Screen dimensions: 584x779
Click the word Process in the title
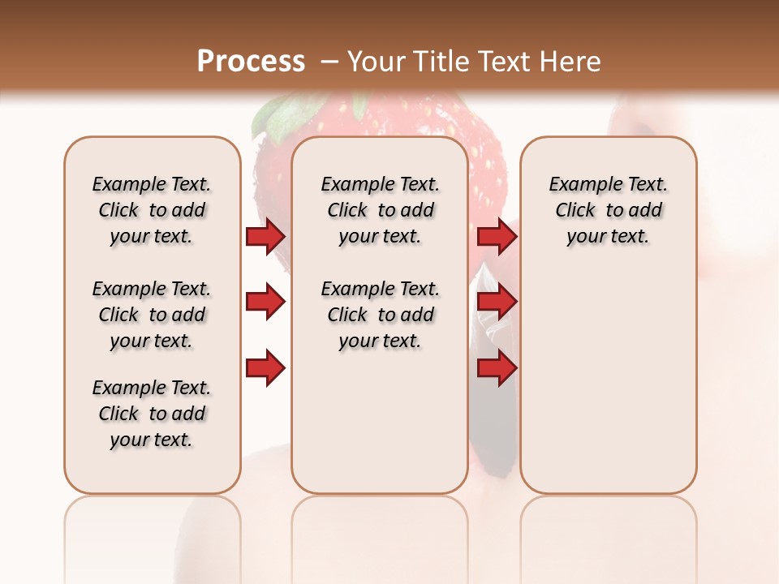click(x=251, y=62)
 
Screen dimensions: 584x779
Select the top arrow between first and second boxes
click(x=265, y=237)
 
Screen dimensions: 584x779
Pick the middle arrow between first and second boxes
click(x=265, y=303)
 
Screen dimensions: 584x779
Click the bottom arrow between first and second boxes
click(x=265, y=368)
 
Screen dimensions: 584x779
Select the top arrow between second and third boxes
click(x=497, y=237)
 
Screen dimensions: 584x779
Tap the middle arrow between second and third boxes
click(x=497, y=303)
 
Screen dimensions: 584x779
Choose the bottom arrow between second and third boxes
click(x=497, y=368)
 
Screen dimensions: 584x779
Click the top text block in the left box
click(x=152, y=210)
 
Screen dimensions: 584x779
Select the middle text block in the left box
click(x=152, y=315)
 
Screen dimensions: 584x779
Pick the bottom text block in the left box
click(x=152, y=414)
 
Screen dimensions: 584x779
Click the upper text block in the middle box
click(x=380, y=210)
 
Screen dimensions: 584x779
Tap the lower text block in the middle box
click(x=380, y=315)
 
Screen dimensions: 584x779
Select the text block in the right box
click(x=608, y=210)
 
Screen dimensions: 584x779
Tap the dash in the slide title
click(x=329, y=62)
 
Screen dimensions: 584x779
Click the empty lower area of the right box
click(x=608, y=381)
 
